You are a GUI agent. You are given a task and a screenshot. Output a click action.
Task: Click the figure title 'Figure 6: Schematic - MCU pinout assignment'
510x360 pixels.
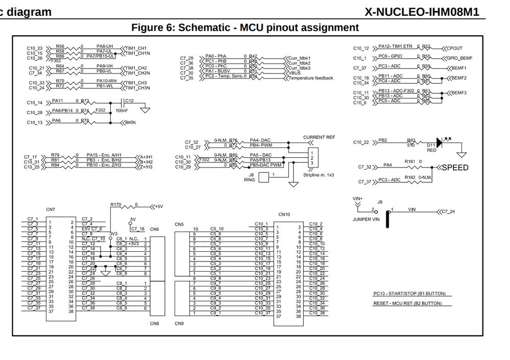(245, 28)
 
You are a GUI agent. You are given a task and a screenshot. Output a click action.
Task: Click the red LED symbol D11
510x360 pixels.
(440, 142)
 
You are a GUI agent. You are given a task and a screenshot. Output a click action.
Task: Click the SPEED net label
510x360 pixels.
(454, 167)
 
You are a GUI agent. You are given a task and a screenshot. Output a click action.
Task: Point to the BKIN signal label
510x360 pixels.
(130, 123)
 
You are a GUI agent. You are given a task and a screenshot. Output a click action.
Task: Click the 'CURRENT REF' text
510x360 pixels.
(319, 137)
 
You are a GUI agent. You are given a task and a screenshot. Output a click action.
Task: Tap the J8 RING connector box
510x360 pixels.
(264, 177)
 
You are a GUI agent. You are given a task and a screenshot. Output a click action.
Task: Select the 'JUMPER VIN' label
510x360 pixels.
(366, 219)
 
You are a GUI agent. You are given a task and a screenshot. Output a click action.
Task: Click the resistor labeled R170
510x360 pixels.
(116, 204)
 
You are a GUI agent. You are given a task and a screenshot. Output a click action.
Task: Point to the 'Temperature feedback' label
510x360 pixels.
(311, 78)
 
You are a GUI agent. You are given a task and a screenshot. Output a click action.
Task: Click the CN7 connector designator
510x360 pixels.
(51, 210)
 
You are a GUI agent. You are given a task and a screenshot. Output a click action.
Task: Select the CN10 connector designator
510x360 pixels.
(284, 214)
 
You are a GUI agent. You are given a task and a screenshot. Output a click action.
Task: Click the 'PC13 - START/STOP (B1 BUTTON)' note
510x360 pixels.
(409, 294)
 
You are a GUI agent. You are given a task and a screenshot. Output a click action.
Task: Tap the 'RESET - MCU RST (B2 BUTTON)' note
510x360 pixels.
(407, 303)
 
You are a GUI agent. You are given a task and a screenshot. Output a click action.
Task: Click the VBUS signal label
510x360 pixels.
(295, 73)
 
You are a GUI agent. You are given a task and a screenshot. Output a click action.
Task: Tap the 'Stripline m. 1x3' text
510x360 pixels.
(319, 175)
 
